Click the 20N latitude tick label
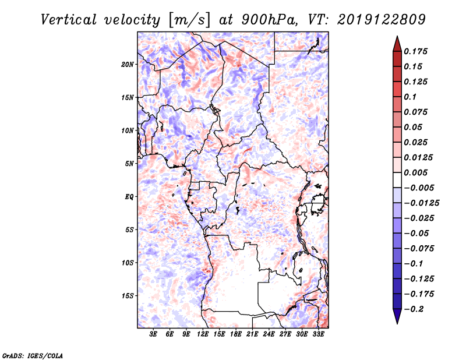tap(128, 64)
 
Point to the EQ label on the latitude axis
tap(129, 196)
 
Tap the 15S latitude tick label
tap(128, 295)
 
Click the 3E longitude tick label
tap(154, 335)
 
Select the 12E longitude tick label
tap(203, 335)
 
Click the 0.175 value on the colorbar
tap(416, 51)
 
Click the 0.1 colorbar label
tap(412, 97)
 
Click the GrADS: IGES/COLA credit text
tap(33, 354)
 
